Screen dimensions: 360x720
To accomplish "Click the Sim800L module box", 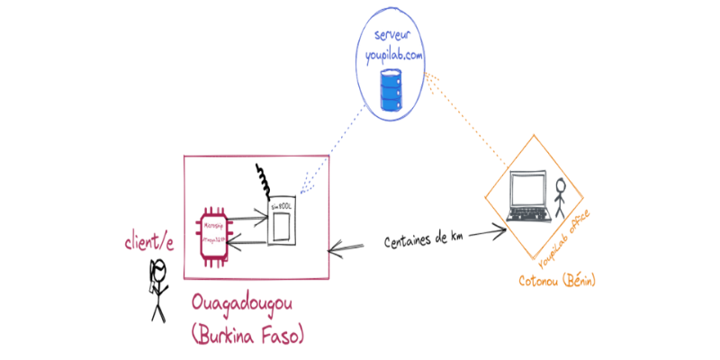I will point(282,221).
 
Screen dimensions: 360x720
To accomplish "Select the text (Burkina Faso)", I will point(249,335).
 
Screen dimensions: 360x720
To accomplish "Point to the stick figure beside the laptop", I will point(562,198).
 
